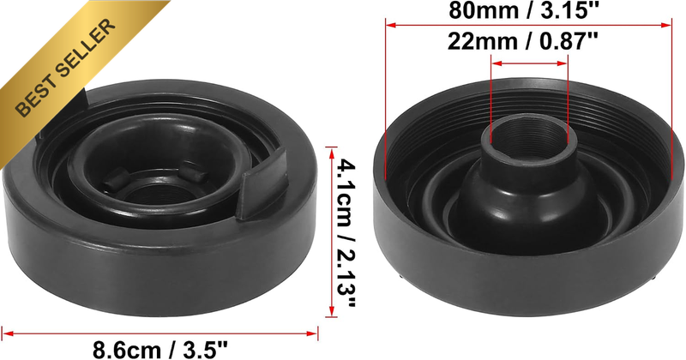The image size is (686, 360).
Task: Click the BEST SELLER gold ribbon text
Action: click(x=66, y=68)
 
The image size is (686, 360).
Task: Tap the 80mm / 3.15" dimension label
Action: click(x=523, y=10)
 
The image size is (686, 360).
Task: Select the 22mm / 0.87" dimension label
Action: click(x=523, y=42)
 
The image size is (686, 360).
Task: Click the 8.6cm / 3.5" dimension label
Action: click(x=160, y=350)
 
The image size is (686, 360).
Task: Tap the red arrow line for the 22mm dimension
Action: click(x=529, y=63)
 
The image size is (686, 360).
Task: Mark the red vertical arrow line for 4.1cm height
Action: click(x=331, y=232)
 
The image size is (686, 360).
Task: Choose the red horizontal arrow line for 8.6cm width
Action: click(x=159, y=333)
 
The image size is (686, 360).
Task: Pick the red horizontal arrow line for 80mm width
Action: click(x=528, y=26)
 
